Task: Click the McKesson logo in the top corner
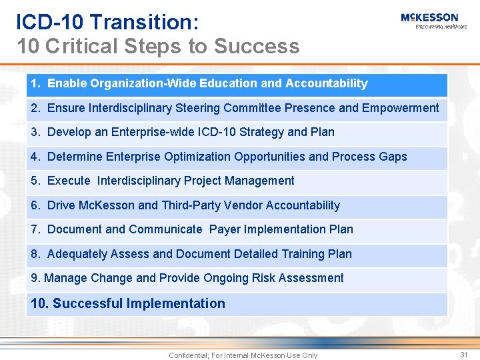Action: click(x=429, y=17)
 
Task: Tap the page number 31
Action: click(x=464, y=355)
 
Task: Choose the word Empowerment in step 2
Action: click(x=401, y=108)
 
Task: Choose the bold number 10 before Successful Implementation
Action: click(x=39, y=303)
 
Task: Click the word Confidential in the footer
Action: click(x=188, y=355)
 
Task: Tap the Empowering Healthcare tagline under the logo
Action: click(x=441, y=27)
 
